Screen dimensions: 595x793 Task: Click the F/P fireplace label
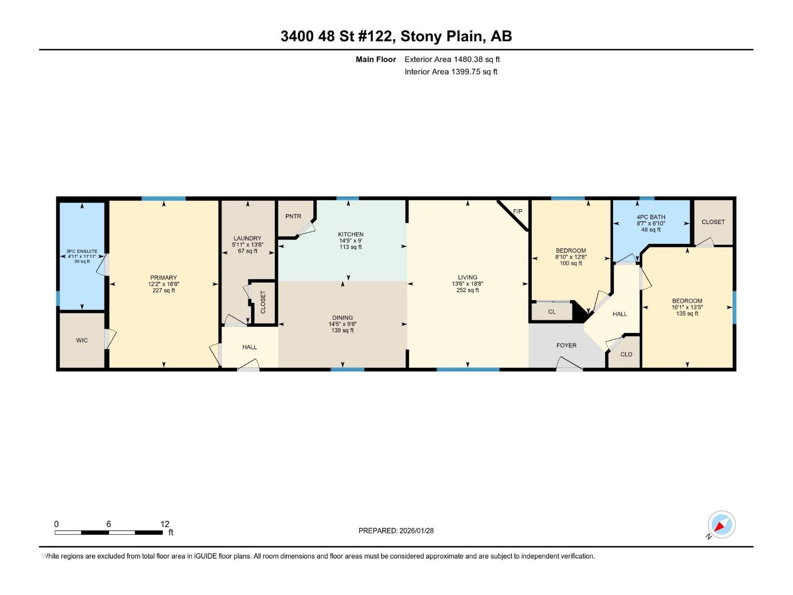(517, 212)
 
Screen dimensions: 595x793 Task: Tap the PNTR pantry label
(293, 217)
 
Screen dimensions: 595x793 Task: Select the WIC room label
(82, 341)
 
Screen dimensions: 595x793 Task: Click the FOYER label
(566, 346)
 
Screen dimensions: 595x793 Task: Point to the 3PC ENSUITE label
(82, 251)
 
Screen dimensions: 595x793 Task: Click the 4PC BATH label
(651, 217)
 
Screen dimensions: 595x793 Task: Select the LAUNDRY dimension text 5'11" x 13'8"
(247, 245)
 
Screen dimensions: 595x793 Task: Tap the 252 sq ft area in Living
(467, 291)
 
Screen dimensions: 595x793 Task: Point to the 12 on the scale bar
(165, 524)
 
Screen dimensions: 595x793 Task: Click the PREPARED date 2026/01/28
(416, 531)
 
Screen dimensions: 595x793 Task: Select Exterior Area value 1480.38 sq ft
(476, 59)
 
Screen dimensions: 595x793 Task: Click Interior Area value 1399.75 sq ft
(474, 72)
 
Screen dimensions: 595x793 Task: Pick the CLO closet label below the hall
(626, 355)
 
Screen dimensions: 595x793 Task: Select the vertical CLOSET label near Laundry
(263, 302)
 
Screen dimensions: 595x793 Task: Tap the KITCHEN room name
(350, 235)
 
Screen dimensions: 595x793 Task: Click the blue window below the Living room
(468, 369)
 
